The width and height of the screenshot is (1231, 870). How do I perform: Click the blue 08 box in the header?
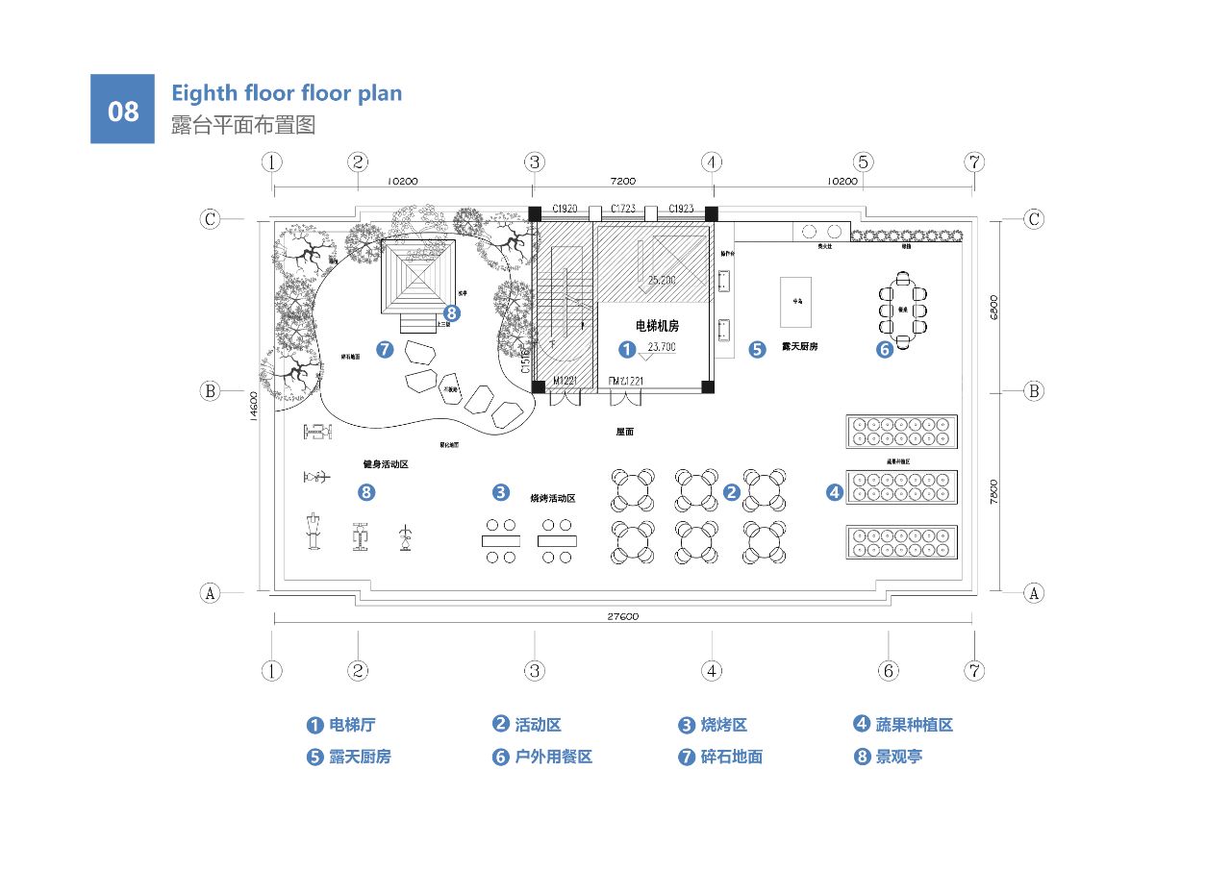(x=122, y=109)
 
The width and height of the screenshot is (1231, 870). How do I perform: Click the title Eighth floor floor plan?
(x=287, y=93)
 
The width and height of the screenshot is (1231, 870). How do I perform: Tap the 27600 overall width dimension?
(x=622, y=616)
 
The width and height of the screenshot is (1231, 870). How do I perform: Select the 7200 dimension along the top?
(x=622, y=181)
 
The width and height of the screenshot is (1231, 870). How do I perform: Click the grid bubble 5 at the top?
(x=863, y=162)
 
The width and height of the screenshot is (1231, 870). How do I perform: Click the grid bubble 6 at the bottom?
(x=889, y=670)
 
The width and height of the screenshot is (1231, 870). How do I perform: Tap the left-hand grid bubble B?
(x=210, y=391)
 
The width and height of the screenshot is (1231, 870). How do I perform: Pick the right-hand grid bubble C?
(x=1034, y=219)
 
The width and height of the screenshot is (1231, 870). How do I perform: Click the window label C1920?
(x=565, y=209)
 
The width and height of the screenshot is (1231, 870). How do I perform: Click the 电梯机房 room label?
(x=658, y=326)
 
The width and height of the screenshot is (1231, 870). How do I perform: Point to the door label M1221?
(x=564, y=382)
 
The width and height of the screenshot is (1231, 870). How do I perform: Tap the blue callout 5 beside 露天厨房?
(x=758, y=349)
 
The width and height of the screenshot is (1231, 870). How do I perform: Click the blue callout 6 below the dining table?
(x=885, y=350)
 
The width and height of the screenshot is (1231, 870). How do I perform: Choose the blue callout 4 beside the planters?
(x=834, y=492)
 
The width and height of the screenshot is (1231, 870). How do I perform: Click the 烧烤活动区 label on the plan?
(x=553, y=498)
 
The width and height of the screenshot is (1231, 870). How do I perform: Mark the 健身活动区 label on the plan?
(x=386, y=464)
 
